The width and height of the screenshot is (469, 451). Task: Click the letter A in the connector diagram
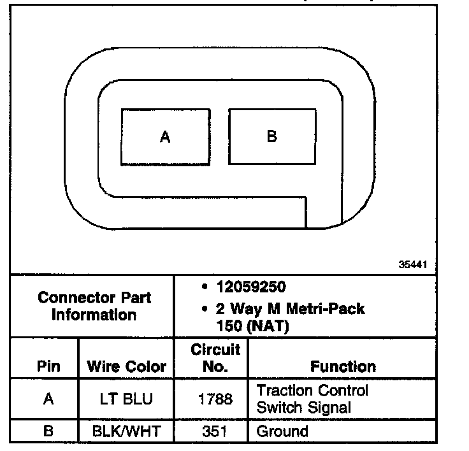point(165,136)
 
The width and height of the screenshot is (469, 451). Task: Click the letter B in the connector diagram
point(272,136)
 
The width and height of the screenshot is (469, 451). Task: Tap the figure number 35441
point(413,264)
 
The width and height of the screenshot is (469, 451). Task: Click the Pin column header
point(48,366)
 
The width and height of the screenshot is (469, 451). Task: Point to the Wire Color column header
point(126,366)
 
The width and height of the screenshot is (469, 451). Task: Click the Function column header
point(343,366)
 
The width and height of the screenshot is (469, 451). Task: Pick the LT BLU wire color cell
point(126,399)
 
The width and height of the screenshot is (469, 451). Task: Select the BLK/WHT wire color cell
point(126,431)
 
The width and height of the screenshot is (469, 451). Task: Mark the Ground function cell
point(282,431)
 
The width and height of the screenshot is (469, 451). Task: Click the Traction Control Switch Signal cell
point(312,398)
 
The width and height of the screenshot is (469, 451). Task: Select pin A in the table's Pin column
point(48,399)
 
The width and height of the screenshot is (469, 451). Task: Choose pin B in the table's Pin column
point(48,431)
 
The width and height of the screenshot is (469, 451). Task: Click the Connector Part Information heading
point(94,306)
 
